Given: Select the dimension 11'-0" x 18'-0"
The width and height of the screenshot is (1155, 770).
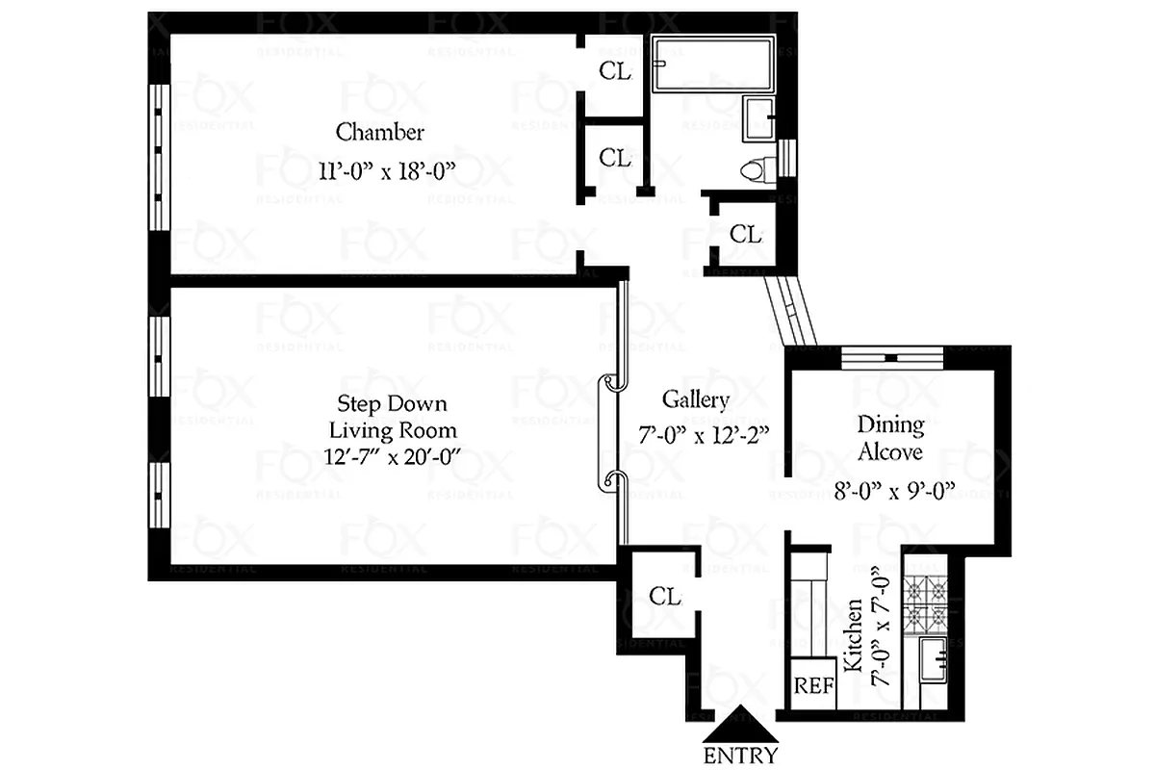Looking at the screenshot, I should pos(386,171).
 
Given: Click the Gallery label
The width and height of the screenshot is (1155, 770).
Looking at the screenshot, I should pos(695,399).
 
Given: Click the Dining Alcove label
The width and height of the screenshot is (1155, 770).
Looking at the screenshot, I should pos(890,437).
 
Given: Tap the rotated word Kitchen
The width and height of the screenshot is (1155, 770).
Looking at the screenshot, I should pos(852,635).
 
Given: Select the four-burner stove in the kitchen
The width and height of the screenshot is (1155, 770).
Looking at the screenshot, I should pos(927,598).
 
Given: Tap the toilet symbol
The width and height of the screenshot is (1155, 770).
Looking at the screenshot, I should pos(757,168).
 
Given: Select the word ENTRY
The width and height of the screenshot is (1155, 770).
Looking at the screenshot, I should pos(740,756).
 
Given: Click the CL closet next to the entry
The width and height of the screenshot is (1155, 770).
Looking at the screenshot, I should pos(664,596).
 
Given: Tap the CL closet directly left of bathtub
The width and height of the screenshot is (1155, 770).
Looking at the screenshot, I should pos(615,70).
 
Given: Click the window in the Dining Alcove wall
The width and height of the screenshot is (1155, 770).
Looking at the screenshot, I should pos(891,357).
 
